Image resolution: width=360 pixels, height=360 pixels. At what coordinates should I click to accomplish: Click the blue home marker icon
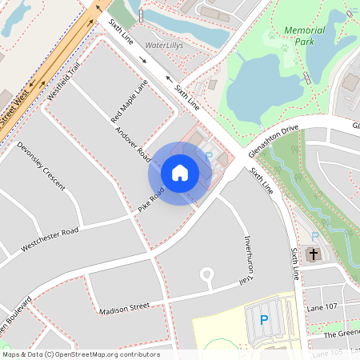tap(180, 173)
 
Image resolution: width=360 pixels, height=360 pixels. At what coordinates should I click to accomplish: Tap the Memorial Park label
tap(305, 36)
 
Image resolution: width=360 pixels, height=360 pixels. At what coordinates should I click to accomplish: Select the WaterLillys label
tap(166, 46)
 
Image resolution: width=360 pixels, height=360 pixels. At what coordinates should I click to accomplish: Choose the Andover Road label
tap(133, 141)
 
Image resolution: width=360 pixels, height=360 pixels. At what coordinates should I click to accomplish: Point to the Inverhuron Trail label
tap(249, 260)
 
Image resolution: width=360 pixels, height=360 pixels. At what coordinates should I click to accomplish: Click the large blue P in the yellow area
tap(264, 321)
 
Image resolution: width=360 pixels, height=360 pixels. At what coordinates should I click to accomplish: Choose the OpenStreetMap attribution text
tap(80, 354)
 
